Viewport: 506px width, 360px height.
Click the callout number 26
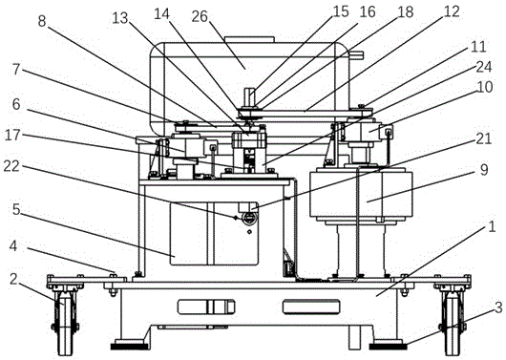[200, 17]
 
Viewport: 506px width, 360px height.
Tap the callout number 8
[42, 22]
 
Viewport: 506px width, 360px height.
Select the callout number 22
[11, 166]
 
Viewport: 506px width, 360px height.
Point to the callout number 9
[484, 170]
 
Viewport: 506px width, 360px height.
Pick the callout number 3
[498, 307]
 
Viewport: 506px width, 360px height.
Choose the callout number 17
[12, 136]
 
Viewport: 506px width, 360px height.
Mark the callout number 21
[483, 139]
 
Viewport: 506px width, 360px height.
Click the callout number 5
[16, 209]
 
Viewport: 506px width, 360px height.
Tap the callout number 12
[452, 11]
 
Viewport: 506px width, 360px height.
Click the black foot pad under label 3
[389, 347]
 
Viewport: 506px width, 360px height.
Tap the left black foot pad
[130, 347]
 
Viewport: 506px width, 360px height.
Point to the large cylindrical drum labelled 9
[361, 195]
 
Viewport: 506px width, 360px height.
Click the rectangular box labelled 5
[214, 234]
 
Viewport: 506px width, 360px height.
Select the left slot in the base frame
[206, 307]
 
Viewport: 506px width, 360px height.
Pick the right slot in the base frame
[311, 307]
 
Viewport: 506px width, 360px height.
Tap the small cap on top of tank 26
[249, 39]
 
